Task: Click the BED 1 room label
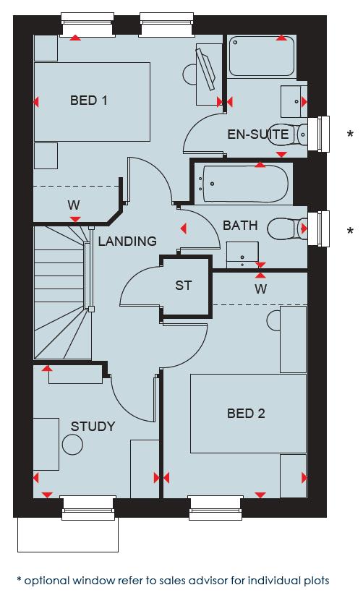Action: pos(88,101)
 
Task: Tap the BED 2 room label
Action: pos(246,413)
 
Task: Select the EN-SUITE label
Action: pos(258,134)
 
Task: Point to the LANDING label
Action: pos(127,241)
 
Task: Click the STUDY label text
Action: pos(93,426)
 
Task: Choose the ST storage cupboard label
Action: pos(184,285)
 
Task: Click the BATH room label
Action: pos(240,226)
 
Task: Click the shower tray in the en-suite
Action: pos(262,56)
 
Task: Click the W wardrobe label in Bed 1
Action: pos(74,205)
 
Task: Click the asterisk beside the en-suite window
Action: pos(350,134)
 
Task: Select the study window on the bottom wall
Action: pos(87,508)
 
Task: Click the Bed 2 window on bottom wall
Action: pos(215,508)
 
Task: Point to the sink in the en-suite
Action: pos(292,98)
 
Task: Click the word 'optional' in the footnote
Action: pos(48,580)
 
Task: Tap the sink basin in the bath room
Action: pos(242,255)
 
